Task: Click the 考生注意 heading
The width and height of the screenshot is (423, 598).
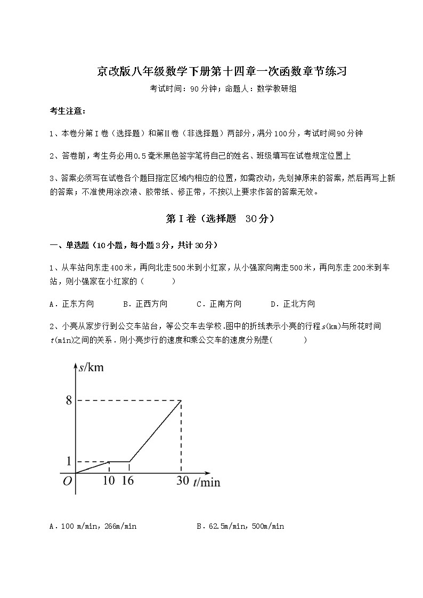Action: (67, 111)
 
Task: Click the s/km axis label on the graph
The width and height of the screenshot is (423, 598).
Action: (91, 367)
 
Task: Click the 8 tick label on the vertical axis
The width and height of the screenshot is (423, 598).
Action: (69, 400)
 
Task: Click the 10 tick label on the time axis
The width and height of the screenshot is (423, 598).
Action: (109, 481)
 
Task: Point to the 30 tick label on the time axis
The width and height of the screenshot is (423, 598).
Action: (182, 481)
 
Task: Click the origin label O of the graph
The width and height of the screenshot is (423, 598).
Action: (68, 481)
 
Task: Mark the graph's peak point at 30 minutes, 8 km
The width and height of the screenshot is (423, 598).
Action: (182, 400)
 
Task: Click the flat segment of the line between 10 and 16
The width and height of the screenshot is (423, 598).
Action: (119, 461)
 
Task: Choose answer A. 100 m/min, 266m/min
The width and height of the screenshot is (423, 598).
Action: (93, 527)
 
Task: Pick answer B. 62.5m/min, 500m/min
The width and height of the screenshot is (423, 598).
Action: (240, 527)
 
